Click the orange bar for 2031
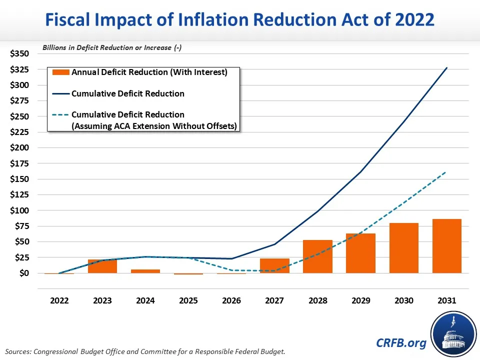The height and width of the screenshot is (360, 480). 446,246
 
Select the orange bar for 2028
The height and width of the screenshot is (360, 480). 317,256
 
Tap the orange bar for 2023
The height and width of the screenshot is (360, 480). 102,266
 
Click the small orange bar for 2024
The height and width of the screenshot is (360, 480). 145,271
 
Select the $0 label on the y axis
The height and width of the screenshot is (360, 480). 23,273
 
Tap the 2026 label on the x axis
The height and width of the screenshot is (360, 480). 231,301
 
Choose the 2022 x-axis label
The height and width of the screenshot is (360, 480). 59,301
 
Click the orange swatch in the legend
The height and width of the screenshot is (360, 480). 61,72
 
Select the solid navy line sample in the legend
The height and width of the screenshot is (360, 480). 61,93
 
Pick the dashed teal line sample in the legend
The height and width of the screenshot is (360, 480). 61,115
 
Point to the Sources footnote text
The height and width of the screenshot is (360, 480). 145,351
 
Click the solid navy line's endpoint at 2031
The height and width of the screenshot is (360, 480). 446,67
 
